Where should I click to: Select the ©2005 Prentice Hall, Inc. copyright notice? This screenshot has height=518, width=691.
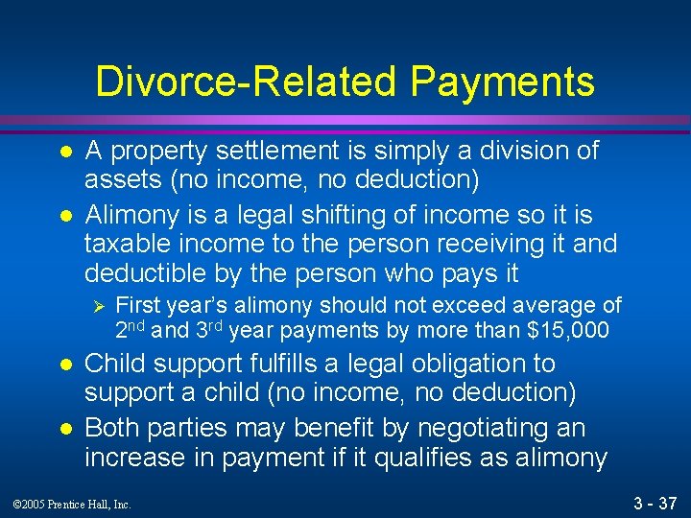point(71,502)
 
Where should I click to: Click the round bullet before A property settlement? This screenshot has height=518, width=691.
point(63,152)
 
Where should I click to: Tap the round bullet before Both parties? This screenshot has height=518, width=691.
point(63,429)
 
